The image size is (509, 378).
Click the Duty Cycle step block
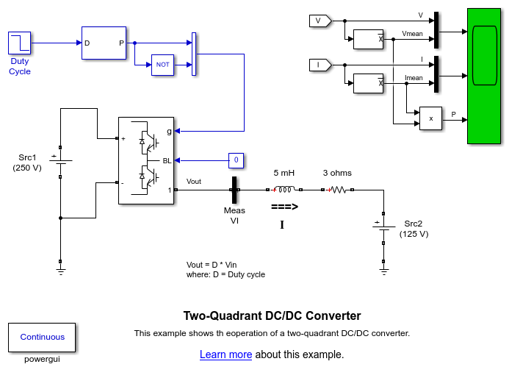(x=20, y=43)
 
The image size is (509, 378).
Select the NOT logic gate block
(x=162, y=65)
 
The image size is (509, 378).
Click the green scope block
(x=485, y=76)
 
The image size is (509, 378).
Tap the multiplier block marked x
(x=430, y=118)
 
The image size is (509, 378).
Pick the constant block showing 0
(x=235, y=160)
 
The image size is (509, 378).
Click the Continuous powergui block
(x=42, y=337)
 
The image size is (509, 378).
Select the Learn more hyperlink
(x=225, y=354)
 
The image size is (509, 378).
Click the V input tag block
(x=320, y=21)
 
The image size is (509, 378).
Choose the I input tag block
(x=320, y=65)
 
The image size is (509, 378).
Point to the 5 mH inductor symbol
(x=284, y=189)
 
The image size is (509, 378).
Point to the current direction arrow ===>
(x=284, y=207)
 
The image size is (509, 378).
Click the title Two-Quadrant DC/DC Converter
(x=272, y=315)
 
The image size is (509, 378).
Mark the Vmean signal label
(x=413, y=34)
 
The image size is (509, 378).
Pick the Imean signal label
(x=414, y=78)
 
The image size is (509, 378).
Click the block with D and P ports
(x=104, y=43)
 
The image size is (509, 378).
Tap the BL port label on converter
(x=167, y=160)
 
